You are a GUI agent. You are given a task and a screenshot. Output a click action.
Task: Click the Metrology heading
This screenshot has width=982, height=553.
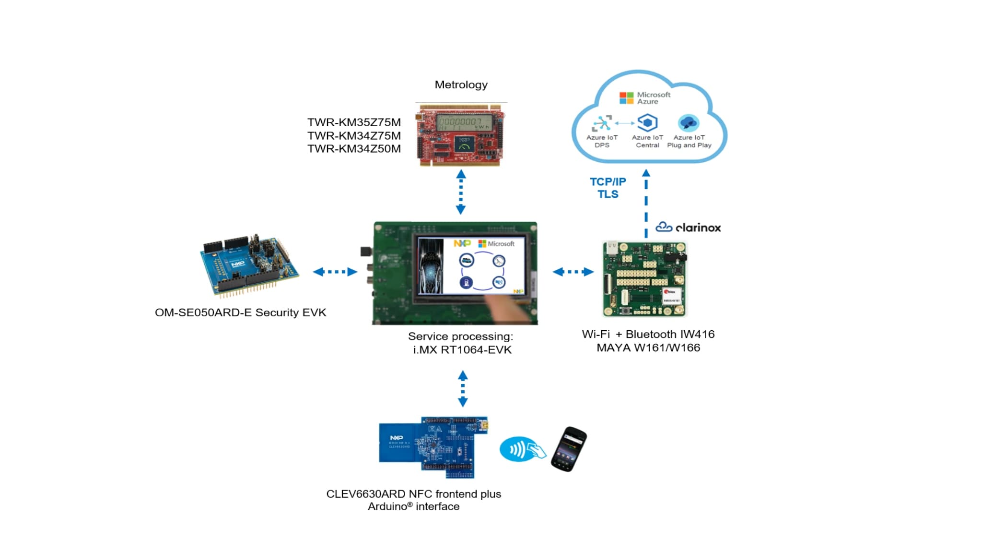461,85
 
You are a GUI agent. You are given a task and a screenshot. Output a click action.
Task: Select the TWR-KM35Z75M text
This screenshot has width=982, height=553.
354,122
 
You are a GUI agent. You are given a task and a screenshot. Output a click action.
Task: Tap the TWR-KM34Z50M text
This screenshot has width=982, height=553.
354,149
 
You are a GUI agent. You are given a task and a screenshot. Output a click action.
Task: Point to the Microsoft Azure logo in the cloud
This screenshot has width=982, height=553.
644,98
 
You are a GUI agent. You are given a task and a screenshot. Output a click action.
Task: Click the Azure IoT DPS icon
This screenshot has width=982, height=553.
602,123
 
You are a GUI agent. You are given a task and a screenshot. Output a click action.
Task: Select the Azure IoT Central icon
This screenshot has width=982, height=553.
647,123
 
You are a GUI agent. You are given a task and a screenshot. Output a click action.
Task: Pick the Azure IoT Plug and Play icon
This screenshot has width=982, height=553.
689,123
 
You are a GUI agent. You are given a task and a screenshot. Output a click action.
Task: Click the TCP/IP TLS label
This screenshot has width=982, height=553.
608,188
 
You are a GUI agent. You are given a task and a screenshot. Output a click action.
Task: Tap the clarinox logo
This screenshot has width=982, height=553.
688,228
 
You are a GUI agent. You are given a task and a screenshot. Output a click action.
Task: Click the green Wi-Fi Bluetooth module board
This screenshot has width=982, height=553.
644,279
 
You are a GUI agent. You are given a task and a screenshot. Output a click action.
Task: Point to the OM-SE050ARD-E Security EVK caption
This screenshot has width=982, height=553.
240,313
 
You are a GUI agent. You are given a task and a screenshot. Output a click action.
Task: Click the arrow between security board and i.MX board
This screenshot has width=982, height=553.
335,272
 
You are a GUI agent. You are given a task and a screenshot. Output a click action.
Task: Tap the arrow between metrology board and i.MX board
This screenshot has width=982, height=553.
461,192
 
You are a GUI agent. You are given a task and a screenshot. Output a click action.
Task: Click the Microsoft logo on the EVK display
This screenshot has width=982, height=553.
496,244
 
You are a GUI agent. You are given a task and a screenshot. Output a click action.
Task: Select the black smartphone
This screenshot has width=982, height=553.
569,449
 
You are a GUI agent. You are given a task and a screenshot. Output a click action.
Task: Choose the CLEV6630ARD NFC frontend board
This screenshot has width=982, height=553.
433,447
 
